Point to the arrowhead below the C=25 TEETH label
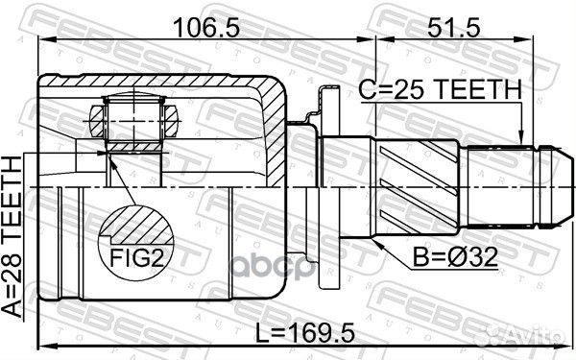[520, 139]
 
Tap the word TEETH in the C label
[475, 89]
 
